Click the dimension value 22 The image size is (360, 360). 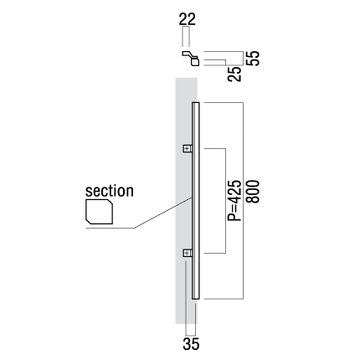[188, 19]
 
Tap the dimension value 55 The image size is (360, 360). [254, 59]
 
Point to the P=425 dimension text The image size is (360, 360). [234, 201]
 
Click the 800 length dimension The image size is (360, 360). [254, 192]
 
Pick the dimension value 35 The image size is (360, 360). [191, 344]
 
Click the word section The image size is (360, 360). [110, 191]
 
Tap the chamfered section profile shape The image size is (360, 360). [99, 212]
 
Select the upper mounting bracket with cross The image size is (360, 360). [188, 148]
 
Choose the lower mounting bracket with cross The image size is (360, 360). [188, 253]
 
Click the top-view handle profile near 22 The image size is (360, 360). [191, 58]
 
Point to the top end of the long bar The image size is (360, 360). [196, 103]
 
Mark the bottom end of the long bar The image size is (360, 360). [196, 299]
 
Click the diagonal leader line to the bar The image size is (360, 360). [163, 213]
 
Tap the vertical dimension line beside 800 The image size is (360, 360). [244, 201]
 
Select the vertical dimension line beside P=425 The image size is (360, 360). [225, 201]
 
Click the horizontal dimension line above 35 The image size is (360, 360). [191, 335]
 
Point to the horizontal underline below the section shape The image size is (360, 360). [110, 229]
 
